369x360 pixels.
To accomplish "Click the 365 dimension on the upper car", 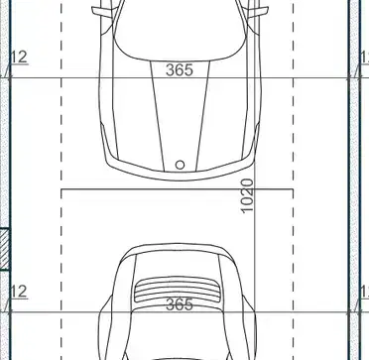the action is click(179, 69).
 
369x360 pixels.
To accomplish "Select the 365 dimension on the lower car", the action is click(179, 304).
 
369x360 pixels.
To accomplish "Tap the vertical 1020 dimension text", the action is click(247, 196).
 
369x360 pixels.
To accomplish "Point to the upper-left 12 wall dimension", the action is click(19, 58).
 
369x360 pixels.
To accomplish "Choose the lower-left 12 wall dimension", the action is click(19, 292).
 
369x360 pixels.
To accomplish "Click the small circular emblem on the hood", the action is click(180, 165).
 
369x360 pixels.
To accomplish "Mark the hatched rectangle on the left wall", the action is click(4, 249).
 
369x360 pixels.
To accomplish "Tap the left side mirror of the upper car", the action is click(102, 12).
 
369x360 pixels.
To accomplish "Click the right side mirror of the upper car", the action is click(258, 12).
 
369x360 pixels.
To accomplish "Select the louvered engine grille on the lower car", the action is click(177, 290).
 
